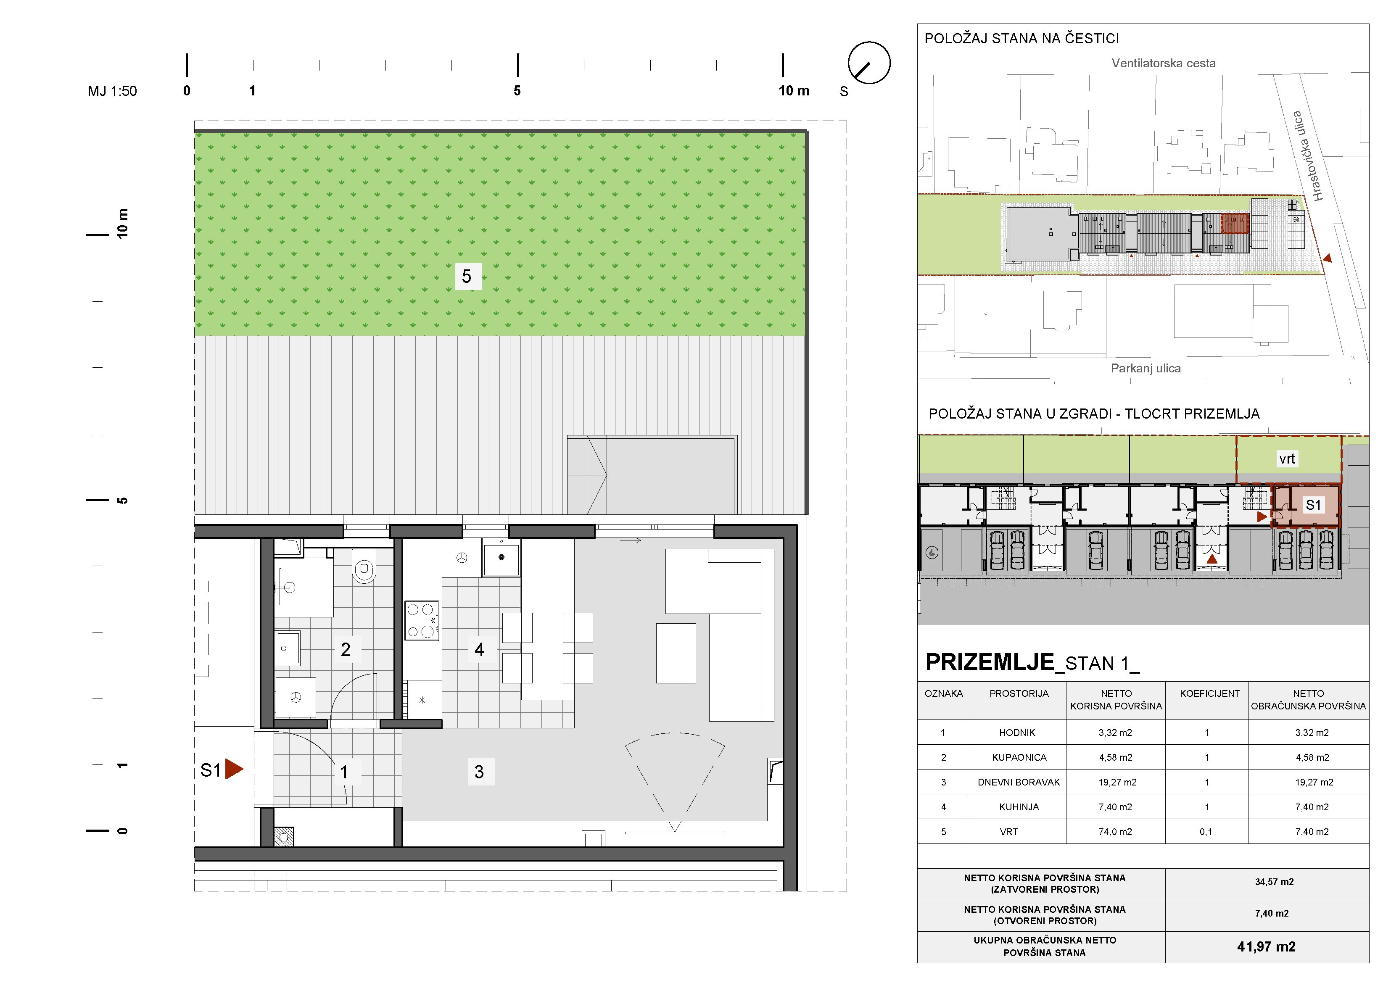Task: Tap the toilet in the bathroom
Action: tap(364, 566)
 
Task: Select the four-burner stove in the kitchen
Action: tap(422, 620)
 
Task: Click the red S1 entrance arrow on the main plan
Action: tap(234, 769)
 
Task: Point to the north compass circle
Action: tap(869, 63)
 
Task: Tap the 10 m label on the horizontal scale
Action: tap(794, 91)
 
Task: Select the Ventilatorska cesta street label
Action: tap(1163, 63)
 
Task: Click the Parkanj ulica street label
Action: tap(1146, 368)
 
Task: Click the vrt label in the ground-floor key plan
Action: tap(1287, 459)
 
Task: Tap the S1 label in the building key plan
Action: tap(1313, 505)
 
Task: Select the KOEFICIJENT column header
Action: tap(1209, 693)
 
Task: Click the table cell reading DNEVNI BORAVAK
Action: tap(1019, 782)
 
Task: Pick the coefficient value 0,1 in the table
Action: tap(1206, 832)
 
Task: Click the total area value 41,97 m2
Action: tap(1266, 947)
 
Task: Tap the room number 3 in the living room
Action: tap(479, 772)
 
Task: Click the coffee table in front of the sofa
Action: tap(676, 654)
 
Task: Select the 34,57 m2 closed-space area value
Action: tap(1274, 882)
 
